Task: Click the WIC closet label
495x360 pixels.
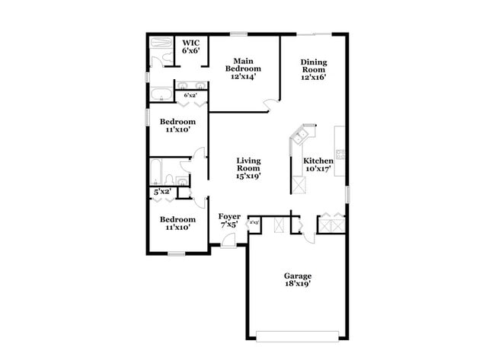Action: pyautogui.click(x=190, y=42)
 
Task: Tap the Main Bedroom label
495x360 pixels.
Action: pyautogui.click(x=244, y=61)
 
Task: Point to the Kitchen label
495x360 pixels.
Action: pyautogui.click(x=318, y=161)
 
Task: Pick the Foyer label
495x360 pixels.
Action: pyautogui.click(x=229, y=217)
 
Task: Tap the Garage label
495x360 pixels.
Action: pyautogui.click(x=298, y=276)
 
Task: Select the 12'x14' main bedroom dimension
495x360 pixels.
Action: pyautogui.click(x=244, y=75)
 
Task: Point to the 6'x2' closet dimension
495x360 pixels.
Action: pyautogui.click(x=190, y=95)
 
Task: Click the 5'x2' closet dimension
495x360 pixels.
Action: pyautogui.click(x=162, y=193)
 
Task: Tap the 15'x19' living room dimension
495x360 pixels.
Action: pyautogui.click(x=249, y=175)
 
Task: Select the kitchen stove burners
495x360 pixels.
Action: pyautogui.click(x=340, y=155)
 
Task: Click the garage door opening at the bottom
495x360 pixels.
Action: pyautogui.click(x=298, y=334)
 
